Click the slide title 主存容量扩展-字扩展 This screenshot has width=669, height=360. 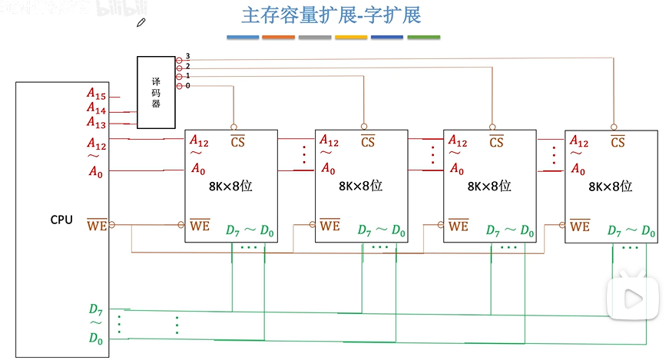(331, 15)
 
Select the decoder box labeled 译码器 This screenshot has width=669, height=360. (156, 92)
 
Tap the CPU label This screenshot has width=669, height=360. (61, 220)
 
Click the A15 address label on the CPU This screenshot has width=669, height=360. (96, 94)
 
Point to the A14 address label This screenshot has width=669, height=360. (96, 108)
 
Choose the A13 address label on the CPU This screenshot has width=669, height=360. (96, 122)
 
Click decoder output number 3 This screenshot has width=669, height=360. (187, 58)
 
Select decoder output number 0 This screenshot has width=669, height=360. (187, 86)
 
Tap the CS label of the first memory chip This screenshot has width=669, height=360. (239, 142)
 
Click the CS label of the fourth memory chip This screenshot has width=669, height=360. (618, 142)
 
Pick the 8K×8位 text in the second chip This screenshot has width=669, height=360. (360, 186)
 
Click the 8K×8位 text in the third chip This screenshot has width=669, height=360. (489, 186)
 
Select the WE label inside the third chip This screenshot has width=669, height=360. (459, 226)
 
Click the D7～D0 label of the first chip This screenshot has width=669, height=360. (250, 230)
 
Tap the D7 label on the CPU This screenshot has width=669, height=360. (95, 310)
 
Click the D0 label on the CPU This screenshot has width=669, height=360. (95, 338)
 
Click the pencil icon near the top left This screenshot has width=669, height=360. (141, 23)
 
